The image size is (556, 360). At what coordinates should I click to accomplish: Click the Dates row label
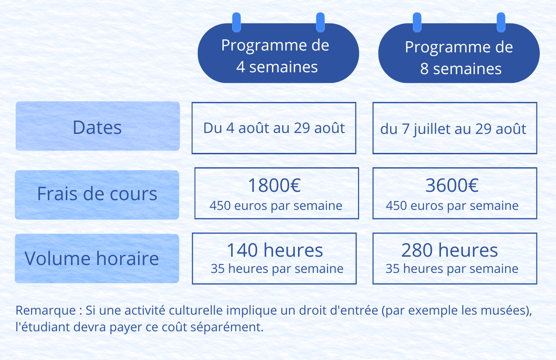[x=98, y=126]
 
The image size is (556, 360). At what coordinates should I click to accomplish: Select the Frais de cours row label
[x=97, y=195]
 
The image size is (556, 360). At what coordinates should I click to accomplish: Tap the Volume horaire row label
[x=97, y=259]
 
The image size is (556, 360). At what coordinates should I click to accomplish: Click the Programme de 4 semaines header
[x=278, y=53]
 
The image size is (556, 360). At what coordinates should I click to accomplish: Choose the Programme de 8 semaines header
[x=459, y=53]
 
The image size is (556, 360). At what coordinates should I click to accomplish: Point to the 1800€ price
[x=274, y=185]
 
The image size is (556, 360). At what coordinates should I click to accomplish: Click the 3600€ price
[x=452, y=185]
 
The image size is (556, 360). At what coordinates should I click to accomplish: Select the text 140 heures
[x=275, y=250]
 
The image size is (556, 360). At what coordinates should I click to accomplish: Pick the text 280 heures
[x=449, y=250]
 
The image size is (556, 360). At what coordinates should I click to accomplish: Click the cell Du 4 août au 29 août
[x=274, y=128]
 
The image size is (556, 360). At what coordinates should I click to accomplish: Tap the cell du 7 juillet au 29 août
[x=455, y=128]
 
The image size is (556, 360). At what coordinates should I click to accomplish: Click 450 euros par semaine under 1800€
[x=276, y=206]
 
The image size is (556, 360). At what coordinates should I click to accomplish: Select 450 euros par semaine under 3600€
[x=452, y=206]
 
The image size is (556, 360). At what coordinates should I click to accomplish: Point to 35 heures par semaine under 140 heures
[x=277, y=269]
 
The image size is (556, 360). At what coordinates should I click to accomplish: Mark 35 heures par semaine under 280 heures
[x=452, y=269]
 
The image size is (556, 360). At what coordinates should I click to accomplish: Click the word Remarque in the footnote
[x=46, y=311]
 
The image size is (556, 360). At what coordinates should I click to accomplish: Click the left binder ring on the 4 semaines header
[x=237, y=22]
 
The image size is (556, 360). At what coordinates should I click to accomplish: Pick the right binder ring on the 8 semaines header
[x=501, y=22]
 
